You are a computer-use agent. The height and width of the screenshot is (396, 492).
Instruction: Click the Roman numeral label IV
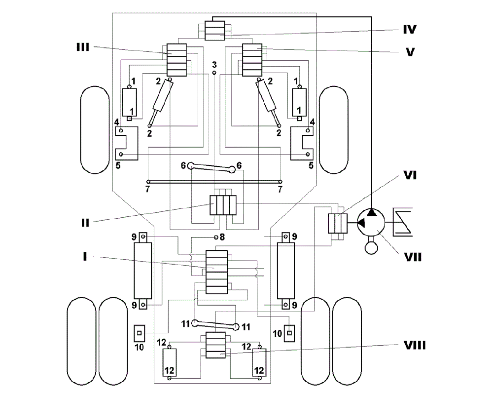410,30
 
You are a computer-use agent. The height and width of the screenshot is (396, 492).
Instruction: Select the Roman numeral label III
83,47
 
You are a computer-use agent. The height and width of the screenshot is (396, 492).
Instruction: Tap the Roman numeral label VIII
415,346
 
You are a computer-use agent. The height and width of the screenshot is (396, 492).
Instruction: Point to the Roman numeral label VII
413,257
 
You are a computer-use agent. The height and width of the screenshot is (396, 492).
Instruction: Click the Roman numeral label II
85,223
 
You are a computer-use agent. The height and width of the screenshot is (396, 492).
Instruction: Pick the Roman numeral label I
85,257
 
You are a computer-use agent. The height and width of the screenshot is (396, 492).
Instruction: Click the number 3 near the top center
214,65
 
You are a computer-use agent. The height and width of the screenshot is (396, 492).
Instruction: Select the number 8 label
222,237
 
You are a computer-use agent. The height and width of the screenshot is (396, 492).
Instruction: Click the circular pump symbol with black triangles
371,223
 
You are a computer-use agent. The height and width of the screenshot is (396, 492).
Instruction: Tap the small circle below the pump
371,247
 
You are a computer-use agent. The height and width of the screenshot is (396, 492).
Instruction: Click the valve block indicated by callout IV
215,31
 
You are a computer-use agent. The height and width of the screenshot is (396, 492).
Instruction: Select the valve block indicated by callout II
223,205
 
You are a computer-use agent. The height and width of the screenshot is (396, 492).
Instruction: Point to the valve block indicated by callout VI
338,223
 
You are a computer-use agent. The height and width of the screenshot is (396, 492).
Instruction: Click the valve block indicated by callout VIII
215,345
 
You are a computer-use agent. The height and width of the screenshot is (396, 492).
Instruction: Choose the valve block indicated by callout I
216,272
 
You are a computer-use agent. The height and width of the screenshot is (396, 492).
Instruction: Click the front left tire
95,130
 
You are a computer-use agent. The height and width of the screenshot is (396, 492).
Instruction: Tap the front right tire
334,130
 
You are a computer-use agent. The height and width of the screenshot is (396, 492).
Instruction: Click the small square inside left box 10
140,333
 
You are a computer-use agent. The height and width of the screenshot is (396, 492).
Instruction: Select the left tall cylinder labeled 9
143,270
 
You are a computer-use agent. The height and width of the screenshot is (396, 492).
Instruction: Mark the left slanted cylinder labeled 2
160,103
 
